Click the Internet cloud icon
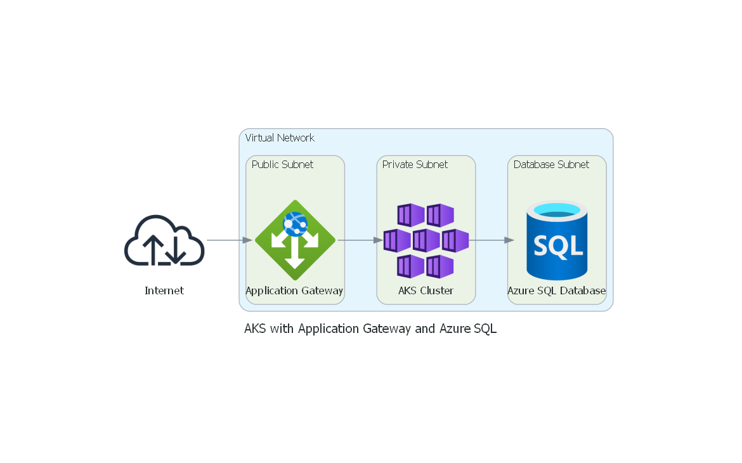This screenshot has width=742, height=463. tap(164, 240)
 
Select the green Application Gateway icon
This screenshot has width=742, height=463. tap(295, 241)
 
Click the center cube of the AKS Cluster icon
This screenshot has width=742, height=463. tap(426, 241)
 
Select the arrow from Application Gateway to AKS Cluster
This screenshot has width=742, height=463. tap(360, 240)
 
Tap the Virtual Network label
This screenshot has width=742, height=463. tap(280, 138)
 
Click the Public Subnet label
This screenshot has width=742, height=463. tap(282, 164)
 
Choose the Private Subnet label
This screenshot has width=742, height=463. tap(415, 164)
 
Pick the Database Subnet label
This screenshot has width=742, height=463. tap(551, 164)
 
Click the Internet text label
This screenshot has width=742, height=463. tap(164, 290)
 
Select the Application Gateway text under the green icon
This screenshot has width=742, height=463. tap(294, 290)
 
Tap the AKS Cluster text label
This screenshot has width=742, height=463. tap(426, 290)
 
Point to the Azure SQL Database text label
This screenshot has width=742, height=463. tap(556, 290)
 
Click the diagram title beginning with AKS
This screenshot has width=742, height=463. tap(370, 329)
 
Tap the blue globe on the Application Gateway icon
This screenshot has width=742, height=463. tap(296, 223)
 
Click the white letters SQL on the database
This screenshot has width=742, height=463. tap(557, 245)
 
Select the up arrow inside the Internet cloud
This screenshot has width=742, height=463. tap(152, 249)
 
